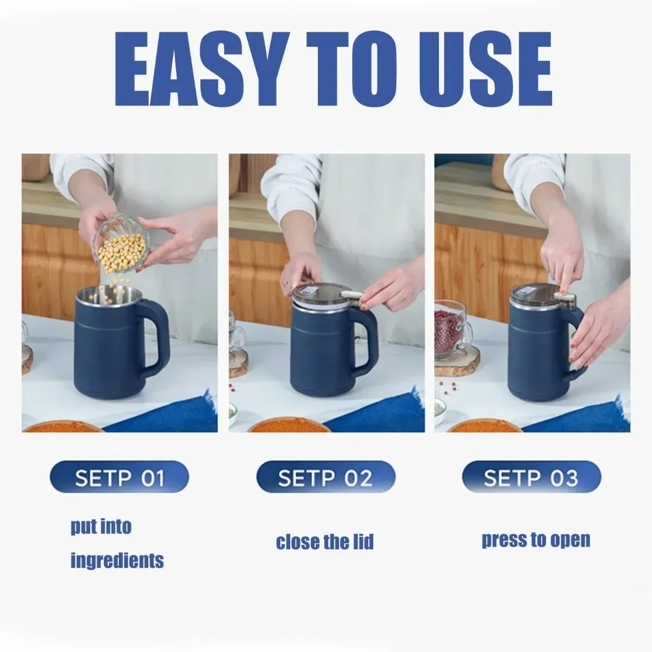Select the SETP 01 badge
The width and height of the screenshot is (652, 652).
pyautogui.click(x=119, y=478)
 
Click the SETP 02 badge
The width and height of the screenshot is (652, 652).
pyautogui.click(x=325, y=478)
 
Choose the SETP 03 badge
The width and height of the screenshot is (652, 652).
pyautogui.click(x=531, y=478)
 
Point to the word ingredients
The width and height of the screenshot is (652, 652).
pyautogui.click(x=117, y=560)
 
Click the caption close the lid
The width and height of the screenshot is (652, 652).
pyautogui.click(x=325, y=542)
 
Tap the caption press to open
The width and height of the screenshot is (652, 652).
pyautogui.click(x=536, y=540)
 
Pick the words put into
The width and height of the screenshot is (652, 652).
pyautogui.click(x=101, y=527)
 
